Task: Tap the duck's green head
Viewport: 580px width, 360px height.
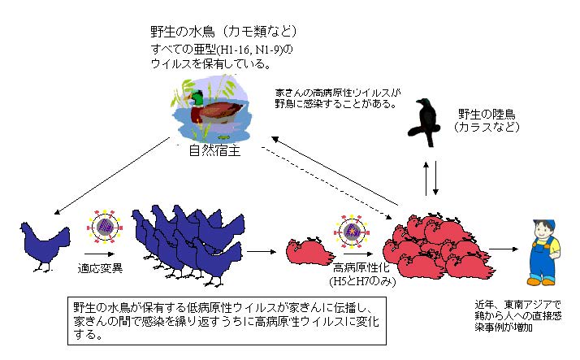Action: (197, 100)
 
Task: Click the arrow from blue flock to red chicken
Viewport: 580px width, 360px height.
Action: (258, 252)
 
